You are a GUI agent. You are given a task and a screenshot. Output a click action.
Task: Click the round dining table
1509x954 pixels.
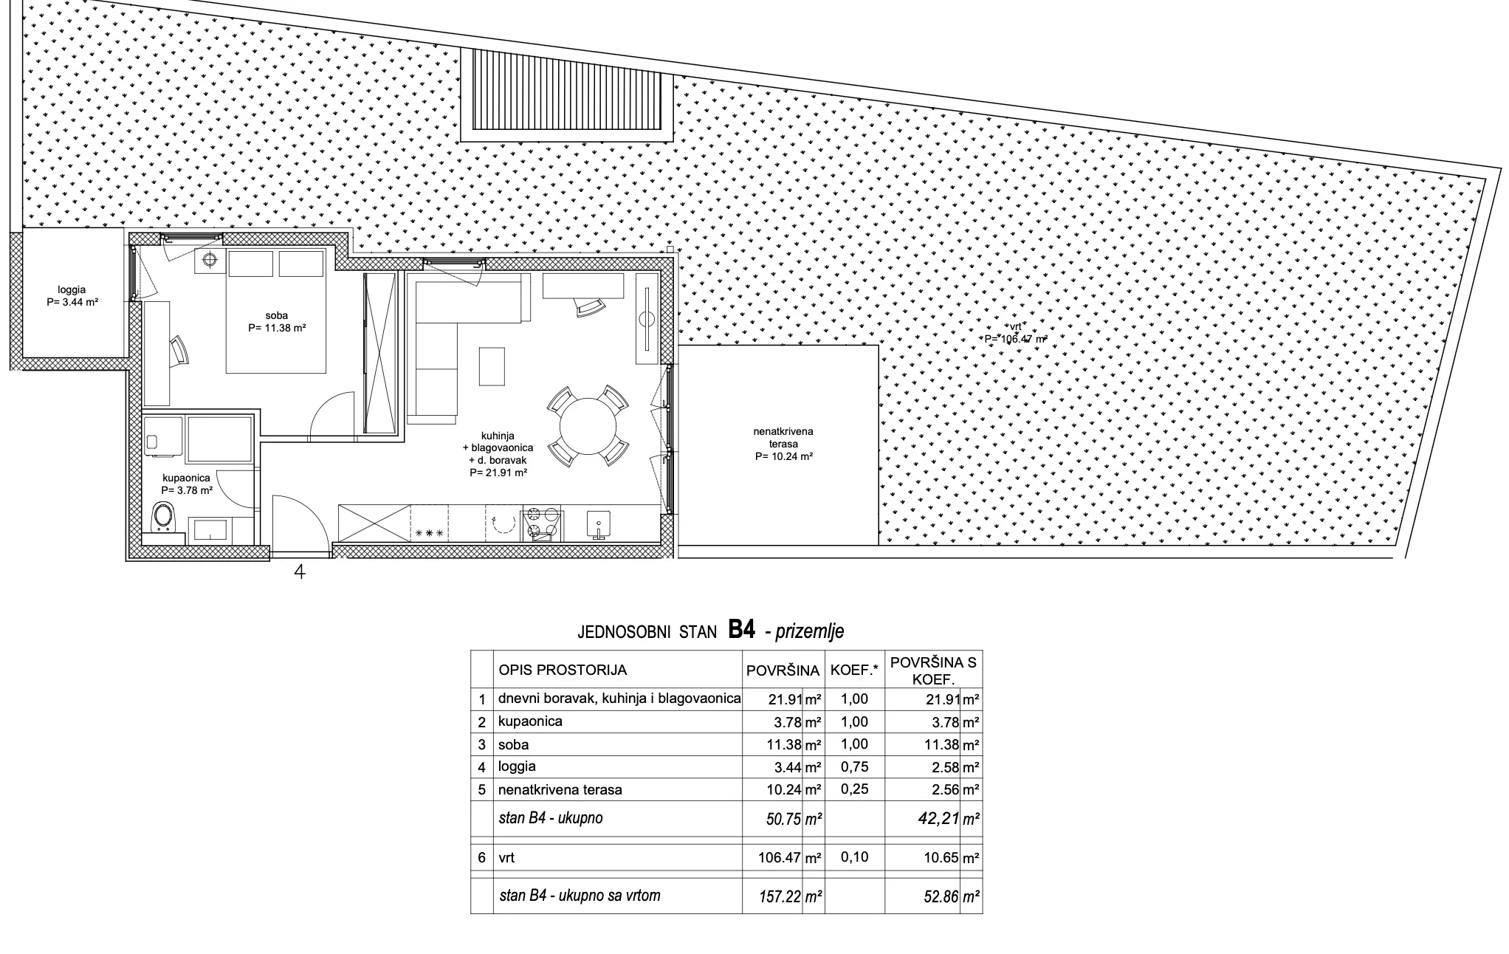pyautogui.click(x=588, y=427)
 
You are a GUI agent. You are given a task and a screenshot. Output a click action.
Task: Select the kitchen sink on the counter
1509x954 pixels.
pyautogui.click(x=597, y=525)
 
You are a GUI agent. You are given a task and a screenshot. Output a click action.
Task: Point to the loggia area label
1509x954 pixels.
pyautogui.click(x=72, y=296)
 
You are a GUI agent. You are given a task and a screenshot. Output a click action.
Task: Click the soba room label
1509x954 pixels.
pyautogui.click(x=277, y=322)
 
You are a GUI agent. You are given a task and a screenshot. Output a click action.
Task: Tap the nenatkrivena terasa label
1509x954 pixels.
pyautogui.click(x=784, y=444)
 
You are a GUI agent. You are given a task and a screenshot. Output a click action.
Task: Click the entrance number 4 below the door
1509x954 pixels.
pyautogui.click(x=300, y=571)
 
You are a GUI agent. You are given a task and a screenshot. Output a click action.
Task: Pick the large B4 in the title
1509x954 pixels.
pyautogui.click(x=742, y=629)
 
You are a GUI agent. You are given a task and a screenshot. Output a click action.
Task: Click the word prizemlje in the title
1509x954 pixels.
pyautogui.click(x=810, y=631)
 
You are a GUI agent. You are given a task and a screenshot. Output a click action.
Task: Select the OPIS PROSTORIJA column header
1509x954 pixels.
pyautogui.click(x=563, y=670)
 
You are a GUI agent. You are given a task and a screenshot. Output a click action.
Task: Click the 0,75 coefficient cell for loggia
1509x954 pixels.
pyautogui.click(x=854, y=767)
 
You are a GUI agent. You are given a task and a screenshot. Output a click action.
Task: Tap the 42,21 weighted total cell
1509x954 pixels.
pyautogui.click(x=937, y=818)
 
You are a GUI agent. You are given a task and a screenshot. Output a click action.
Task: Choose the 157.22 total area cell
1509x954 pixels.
pyautogui.click(x=775, y=896)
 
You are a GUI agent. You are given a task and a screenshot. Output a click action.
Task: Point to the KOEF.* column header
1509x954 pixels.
pyautogui.click(x=855, y=670)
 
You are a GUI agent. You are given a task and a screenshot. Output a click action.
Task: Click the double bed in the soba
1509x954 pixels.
pyautogui.click(x=275, y=312)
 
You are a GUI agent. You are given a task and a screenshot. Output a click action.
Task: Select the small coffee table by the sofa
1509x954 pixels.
pyautogui.click(x=492, y=366)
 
